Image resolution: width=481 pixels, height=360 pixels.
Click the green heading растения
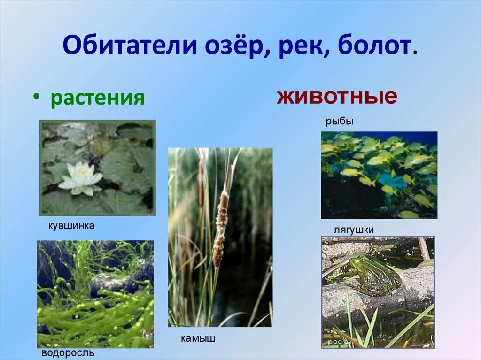coord(97,98)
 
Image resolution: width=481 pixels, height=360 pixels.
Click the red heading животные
coord(337,97)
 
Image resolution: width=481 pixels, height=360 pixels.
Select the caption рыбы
coord(339,122)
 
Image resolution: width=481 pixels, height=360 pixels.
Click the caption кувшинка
coord(71,226)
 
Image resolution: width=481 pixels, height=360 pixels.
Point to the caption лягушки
coord(353,230)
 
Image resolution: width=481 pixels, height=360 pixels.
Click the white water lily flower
coord(81,179)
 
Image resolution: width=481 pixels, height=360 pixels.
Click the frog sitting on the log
coord(369,273)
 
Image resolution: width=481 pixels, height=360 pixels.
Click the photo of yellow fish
coord(379,175)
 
